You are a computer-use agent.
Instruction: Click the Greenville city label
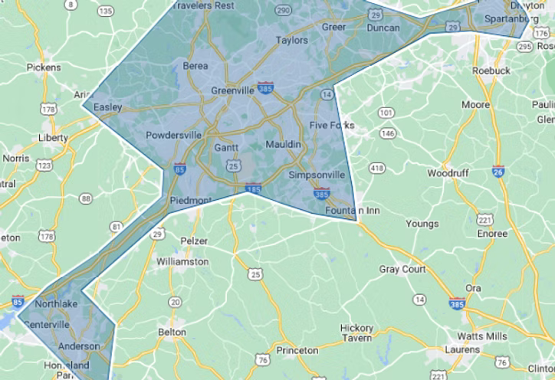(x=232, y=90)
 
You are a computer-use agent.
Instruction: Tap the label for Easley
(x=108, y=107)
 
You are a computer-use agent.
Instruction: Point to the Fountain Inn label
(x=348, y=210)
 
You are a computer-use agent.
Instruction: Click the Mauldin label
(x=284, y=145)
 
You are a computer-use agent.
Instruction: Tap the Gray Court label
(x=402, y=269)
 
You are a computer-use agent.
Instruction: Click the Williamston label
(x=182, y=261)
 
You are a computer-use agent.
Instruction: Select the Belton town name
(x=171, y=332)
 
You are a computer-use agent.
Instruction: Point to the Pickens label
(x=44, y=67)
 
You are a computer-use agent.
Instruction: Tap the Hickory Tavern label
(x=356, y=332)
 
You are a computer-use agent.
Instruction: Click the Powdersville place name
(x=173, y=136)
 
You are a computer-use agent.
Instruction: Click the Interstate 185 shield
(x=254, y=187)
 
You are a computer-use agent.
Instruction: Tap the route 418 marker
(x=377, y=168)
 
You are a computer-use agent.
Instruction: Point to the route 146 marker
(x=388, y=133)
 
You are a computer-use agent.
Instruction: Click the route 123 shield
(x=44, y=165)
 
